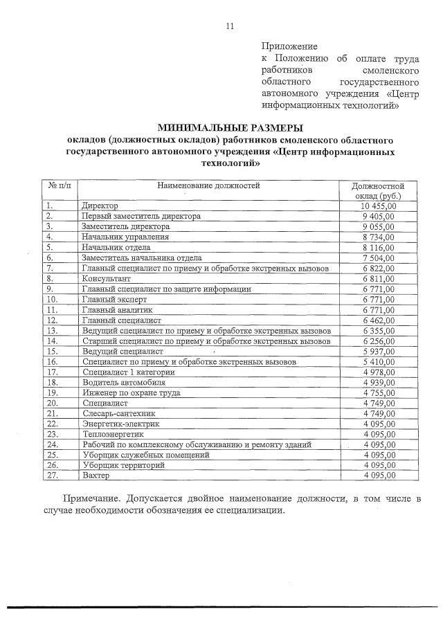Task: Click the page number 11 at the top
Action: [x=230, y=26]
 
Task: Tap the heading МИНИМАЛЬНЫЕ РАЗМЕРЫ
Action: [x=230, y=127]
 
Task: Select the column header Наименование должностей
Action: [x=208, y=186]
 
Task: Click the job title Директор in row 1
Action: [x=100, y=206]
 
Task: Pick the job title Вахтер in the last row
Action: [x=96, y=476]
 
